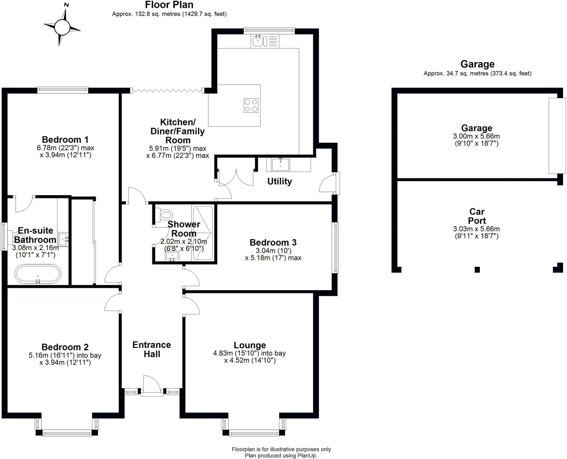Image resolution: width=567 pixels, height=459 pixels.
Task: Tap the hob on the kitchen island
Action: point(251,105)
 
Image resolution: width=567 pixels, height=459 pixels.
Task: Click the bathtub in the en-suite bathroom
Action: point(38,274)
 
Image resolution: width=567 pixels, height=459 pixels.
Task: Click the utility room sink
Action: point(280,164)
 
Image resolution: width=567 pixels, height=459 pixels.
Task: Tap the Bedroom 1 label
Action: point(65,139)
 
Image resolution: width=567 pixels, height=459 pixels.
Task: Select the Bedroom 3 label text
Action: point(273,242)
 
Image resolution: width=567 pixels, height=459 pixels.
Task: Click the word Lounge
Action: point(250,345)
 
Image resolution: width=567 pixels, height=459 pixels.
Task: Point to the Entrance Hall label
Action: point(152,349)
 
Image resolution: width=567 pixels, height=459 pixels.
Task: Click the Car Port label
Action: point(477,216)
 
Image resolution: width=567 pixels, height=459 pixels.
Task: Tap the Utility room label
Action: point(279,181)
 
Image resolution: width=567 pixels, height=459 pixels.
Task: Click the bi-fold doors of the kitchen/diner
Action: point(167,90)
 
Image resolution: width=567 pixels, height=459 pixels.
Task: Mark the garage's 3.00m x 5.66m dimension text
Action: point(476,136)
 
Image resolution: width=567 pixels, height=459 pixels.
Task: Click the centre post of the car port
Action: point(477,269)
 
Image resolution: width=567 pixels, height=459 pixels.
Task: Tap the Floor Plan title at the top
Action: point(169,5)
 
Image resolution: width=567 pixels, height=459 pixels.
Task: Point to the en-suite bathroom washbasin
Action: point(63,239)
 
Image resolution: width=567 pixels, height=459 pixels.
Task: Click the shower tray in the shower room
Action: point(203,233)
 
